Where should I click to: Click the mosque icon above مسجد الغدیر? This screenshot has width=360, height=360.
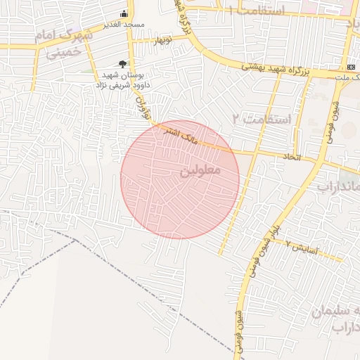(x=124, y=13)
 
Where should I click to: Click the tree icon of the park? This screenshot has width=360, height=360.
(x=124, y=64)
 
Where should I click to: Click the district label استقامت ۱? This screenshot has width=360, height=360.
(x=264, y=11)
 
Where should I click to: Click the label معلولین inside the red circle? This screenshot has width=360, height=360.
(x=200, y=170)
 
